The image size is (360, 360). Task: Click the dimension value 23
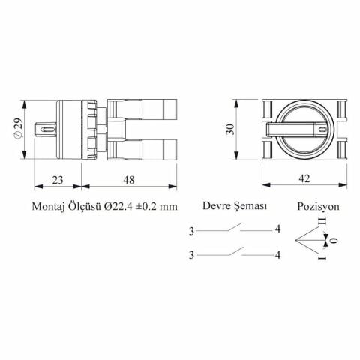coord(58,180)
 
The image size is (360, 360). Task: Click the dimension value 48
coord(129,180)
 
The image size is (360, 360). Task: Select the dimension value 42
coord(304,178)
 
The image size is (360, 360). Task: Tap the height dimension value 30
coord(230,129)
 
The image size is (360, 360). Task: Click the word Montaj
coord(48,207)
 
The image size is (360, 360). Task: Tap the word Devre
coord(216,206)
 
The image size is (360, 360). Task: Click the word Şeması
coord(250,206)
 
